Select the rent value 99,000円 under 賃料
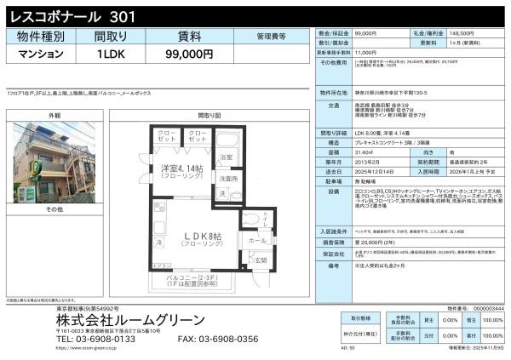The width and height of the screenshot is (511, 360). point(188,54)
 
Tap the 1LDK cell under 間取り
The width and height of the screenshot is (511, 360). point(111,54)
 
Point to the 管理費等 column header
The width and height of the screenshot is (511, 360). point(270,37)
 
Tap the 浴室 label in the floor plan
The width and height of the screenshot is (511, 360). point(227,159)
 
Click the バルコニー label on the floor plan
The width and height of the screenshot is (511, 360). point(195,277)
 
